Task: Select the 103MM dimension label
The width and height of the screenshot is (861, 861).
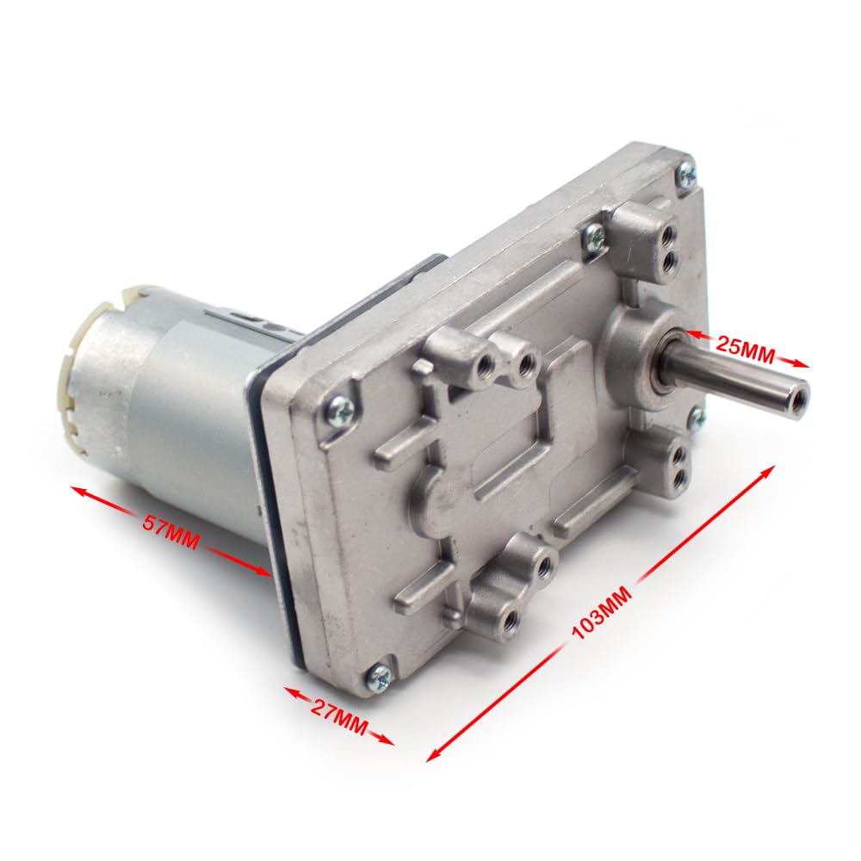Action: (x=603, y=612)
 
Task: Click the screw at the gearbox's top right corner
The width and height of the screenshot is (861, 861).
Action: (x=685, y=173)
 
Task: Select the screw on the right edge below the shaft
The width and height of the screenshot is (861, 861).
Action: (x=696, y=419)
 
